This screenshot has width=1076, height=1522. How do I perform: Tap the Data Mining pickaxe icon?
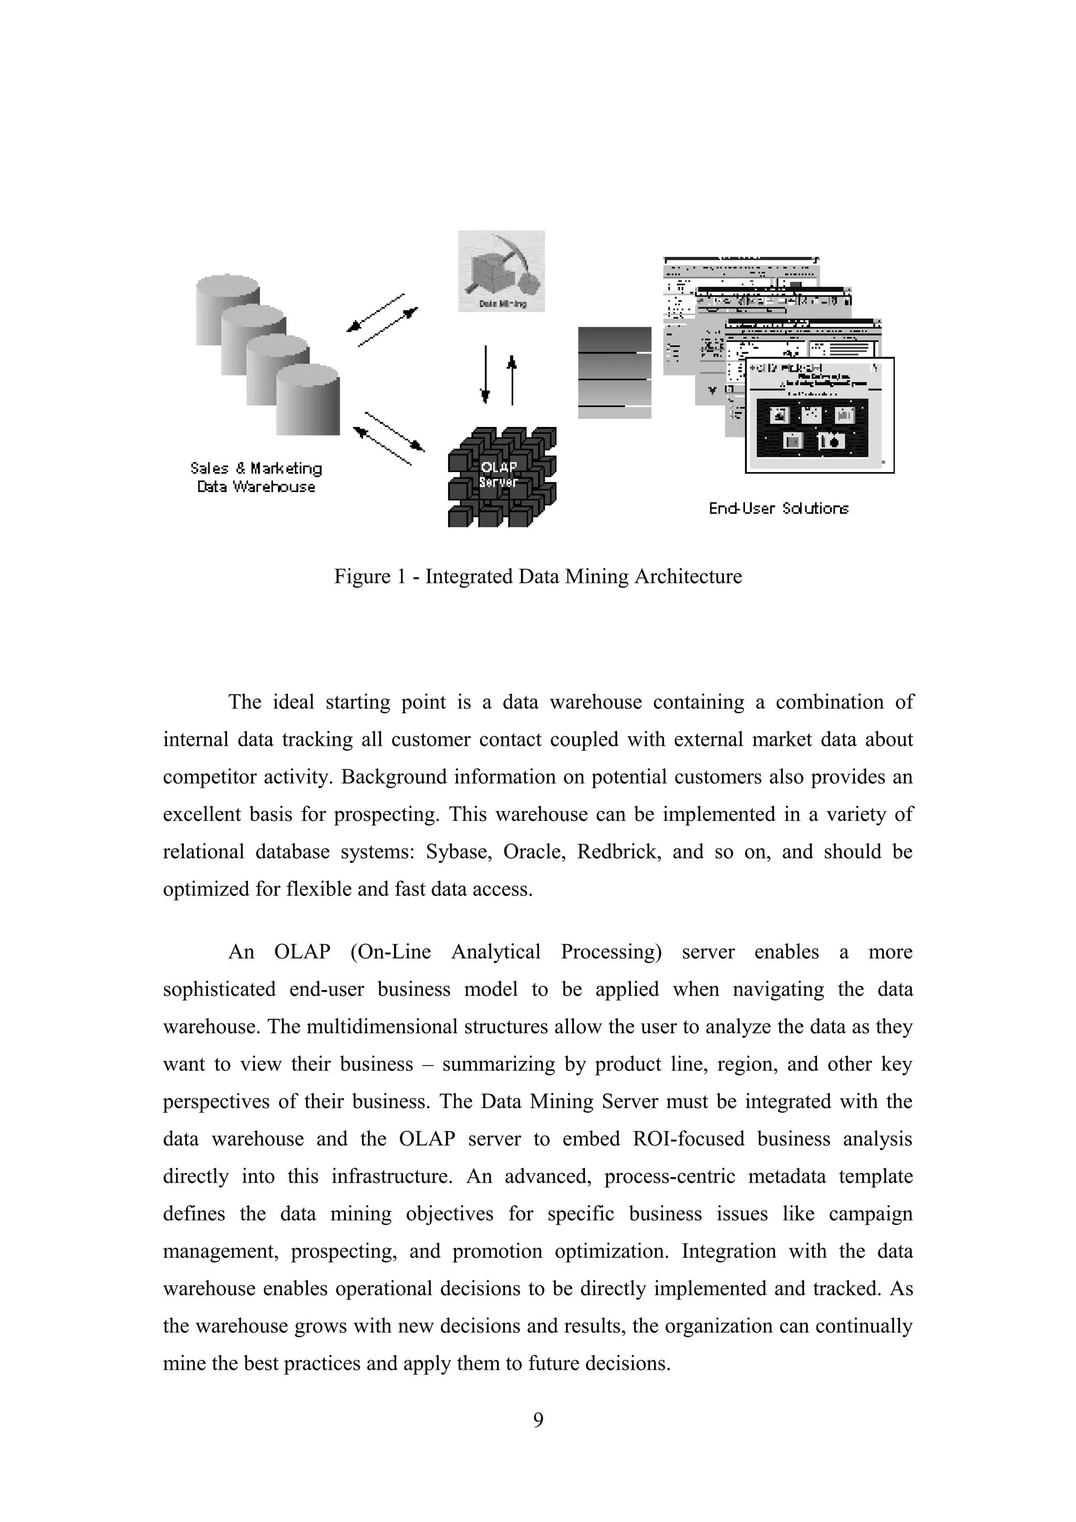tap(501, 270)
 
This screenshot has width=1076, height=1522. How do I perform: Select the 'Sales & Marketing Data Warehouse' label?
tap(256, 477)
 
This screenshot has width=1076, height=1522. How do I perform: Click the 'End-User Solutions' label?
tap(778, 508)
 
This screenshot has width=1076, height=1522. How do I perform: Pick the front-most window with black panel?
tap(820, 415)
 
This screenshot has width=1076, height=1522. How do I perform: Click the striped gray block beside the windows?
tap(615, 372)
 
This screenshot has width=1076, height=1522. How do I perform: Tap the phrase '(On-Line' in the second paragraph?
tap(390, 952)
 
